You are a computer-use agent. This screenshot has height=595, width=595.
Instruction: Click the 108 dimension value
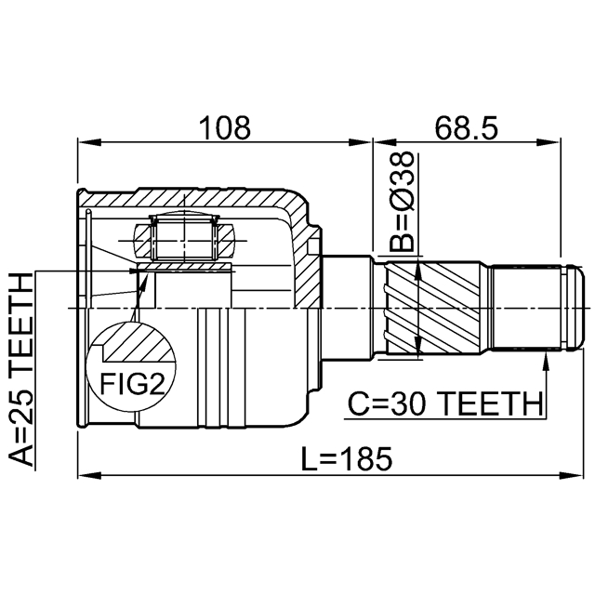tap(225, 128)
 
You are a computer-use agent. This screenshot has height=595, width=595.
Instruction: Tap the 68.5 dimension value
tap(466, 128)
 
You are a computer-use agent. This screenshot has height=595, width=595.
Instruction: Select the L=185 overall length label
tap(347, 458)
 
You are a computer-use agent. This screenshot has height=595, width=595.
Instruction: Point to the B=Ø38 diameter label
tap(401, 202)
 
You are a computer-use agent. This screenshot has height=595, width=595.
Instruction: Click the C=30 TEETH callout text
tap(445, 403)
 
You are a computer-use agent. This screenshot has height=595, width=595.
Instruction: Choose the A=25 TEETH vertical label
tap(20, 369)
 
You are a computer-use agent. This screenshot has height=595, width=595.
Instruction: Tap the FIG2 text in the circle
tap(132, 384)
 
